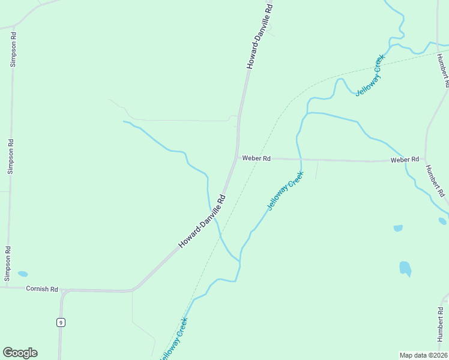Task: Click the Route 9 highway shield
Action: pos(61,322)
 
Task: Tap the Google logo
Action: pos(20,353)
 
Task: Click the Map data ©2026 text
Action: pos(423,355)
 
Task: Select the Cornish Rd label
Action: pos(42,289)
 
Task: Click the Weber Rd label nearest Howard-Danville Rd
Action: pos(256,158)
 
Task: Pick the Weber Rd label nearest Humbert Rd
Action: pos(405,160)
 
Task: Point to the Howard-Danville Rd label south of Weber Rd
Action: pos(202,221)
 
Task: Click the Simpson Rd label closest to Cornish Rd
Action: pos(8,263)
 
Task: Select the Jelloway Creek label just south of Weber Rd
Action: pos(285,191)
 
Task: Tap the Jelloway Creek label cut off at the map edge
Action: pos(174,340)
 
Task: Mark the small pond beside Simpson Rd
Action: pos(23,274)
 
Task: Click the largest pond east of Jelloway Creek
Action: pos(405,268)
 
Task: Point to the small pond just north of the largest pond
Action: pos(398,229)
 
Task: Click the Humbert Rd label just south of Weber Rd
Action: pos(436,181)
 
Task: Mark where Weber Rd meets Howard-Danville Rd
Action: pos(236,158)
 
